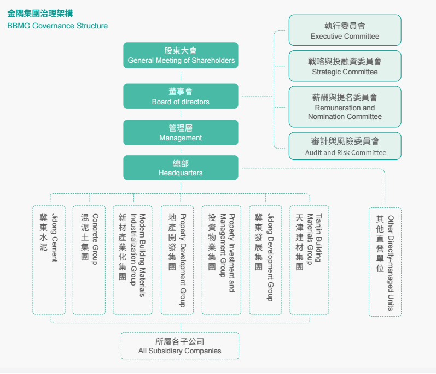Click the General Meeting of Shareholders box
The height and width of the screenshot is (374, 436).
pyautogui.click(x=181, y=55)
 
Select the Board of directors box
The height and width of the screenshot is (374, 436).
pyautogui.click(x=181, y=96)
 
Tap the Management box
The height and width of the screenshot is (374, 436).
pyautogui.click(x=181, y=133)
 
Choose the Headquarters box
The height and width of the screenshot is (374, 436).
pyautogui.click(x=181, y=168)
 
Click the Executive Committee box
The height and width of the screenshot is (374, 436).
pyautogui.click(x=345, y=30)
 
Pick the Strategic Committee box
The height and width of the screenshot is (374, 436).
pyautogui.click(x=345, y=66)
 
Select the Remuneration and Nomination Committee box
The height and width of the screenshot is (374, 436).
pyautogui.click(x=345, y=107)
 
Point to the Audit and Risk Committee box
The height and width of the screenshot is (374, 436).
pyautogui.click(x=345, y=146)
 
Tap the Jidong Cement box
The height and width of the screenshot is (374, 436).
pyautogui.click(x=49, y=260)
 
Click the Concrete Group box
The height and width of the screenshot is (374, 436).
pyautogui.click(x=89, y=260)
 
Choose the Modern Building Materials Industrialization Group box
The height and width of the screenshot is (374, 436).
pyautogui.click(x=132, y=260)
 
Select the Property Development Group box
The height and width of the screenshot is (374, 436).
pyautogui.click(x=177, y=260)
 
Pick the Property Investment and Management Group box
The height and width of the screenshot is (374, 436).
pyautogui.click(x=222, y=260)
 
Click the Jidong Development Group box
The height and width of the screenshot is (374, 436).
pyautogui.click(x=265, y=260)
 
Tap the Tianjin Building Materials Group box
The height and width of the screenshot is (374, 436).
pyautogui.click(x=310, y=260)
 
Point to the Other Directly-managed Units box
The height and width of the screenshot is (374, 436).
pyautogui.click(x=385, y=262)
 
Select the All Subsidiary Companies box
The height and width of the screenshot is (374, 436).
pyautogui.click(x=180, y=346)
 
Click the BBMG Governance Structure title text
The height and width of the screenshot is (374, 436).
pyautogui.click(x=57, y=26)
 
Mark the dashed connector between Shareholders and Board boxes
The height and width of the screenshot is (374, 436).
pyautogui.click(x=181, y=76)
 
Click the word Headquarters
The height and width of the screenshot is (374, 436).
pyautogui.click(x=181, y=173)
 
